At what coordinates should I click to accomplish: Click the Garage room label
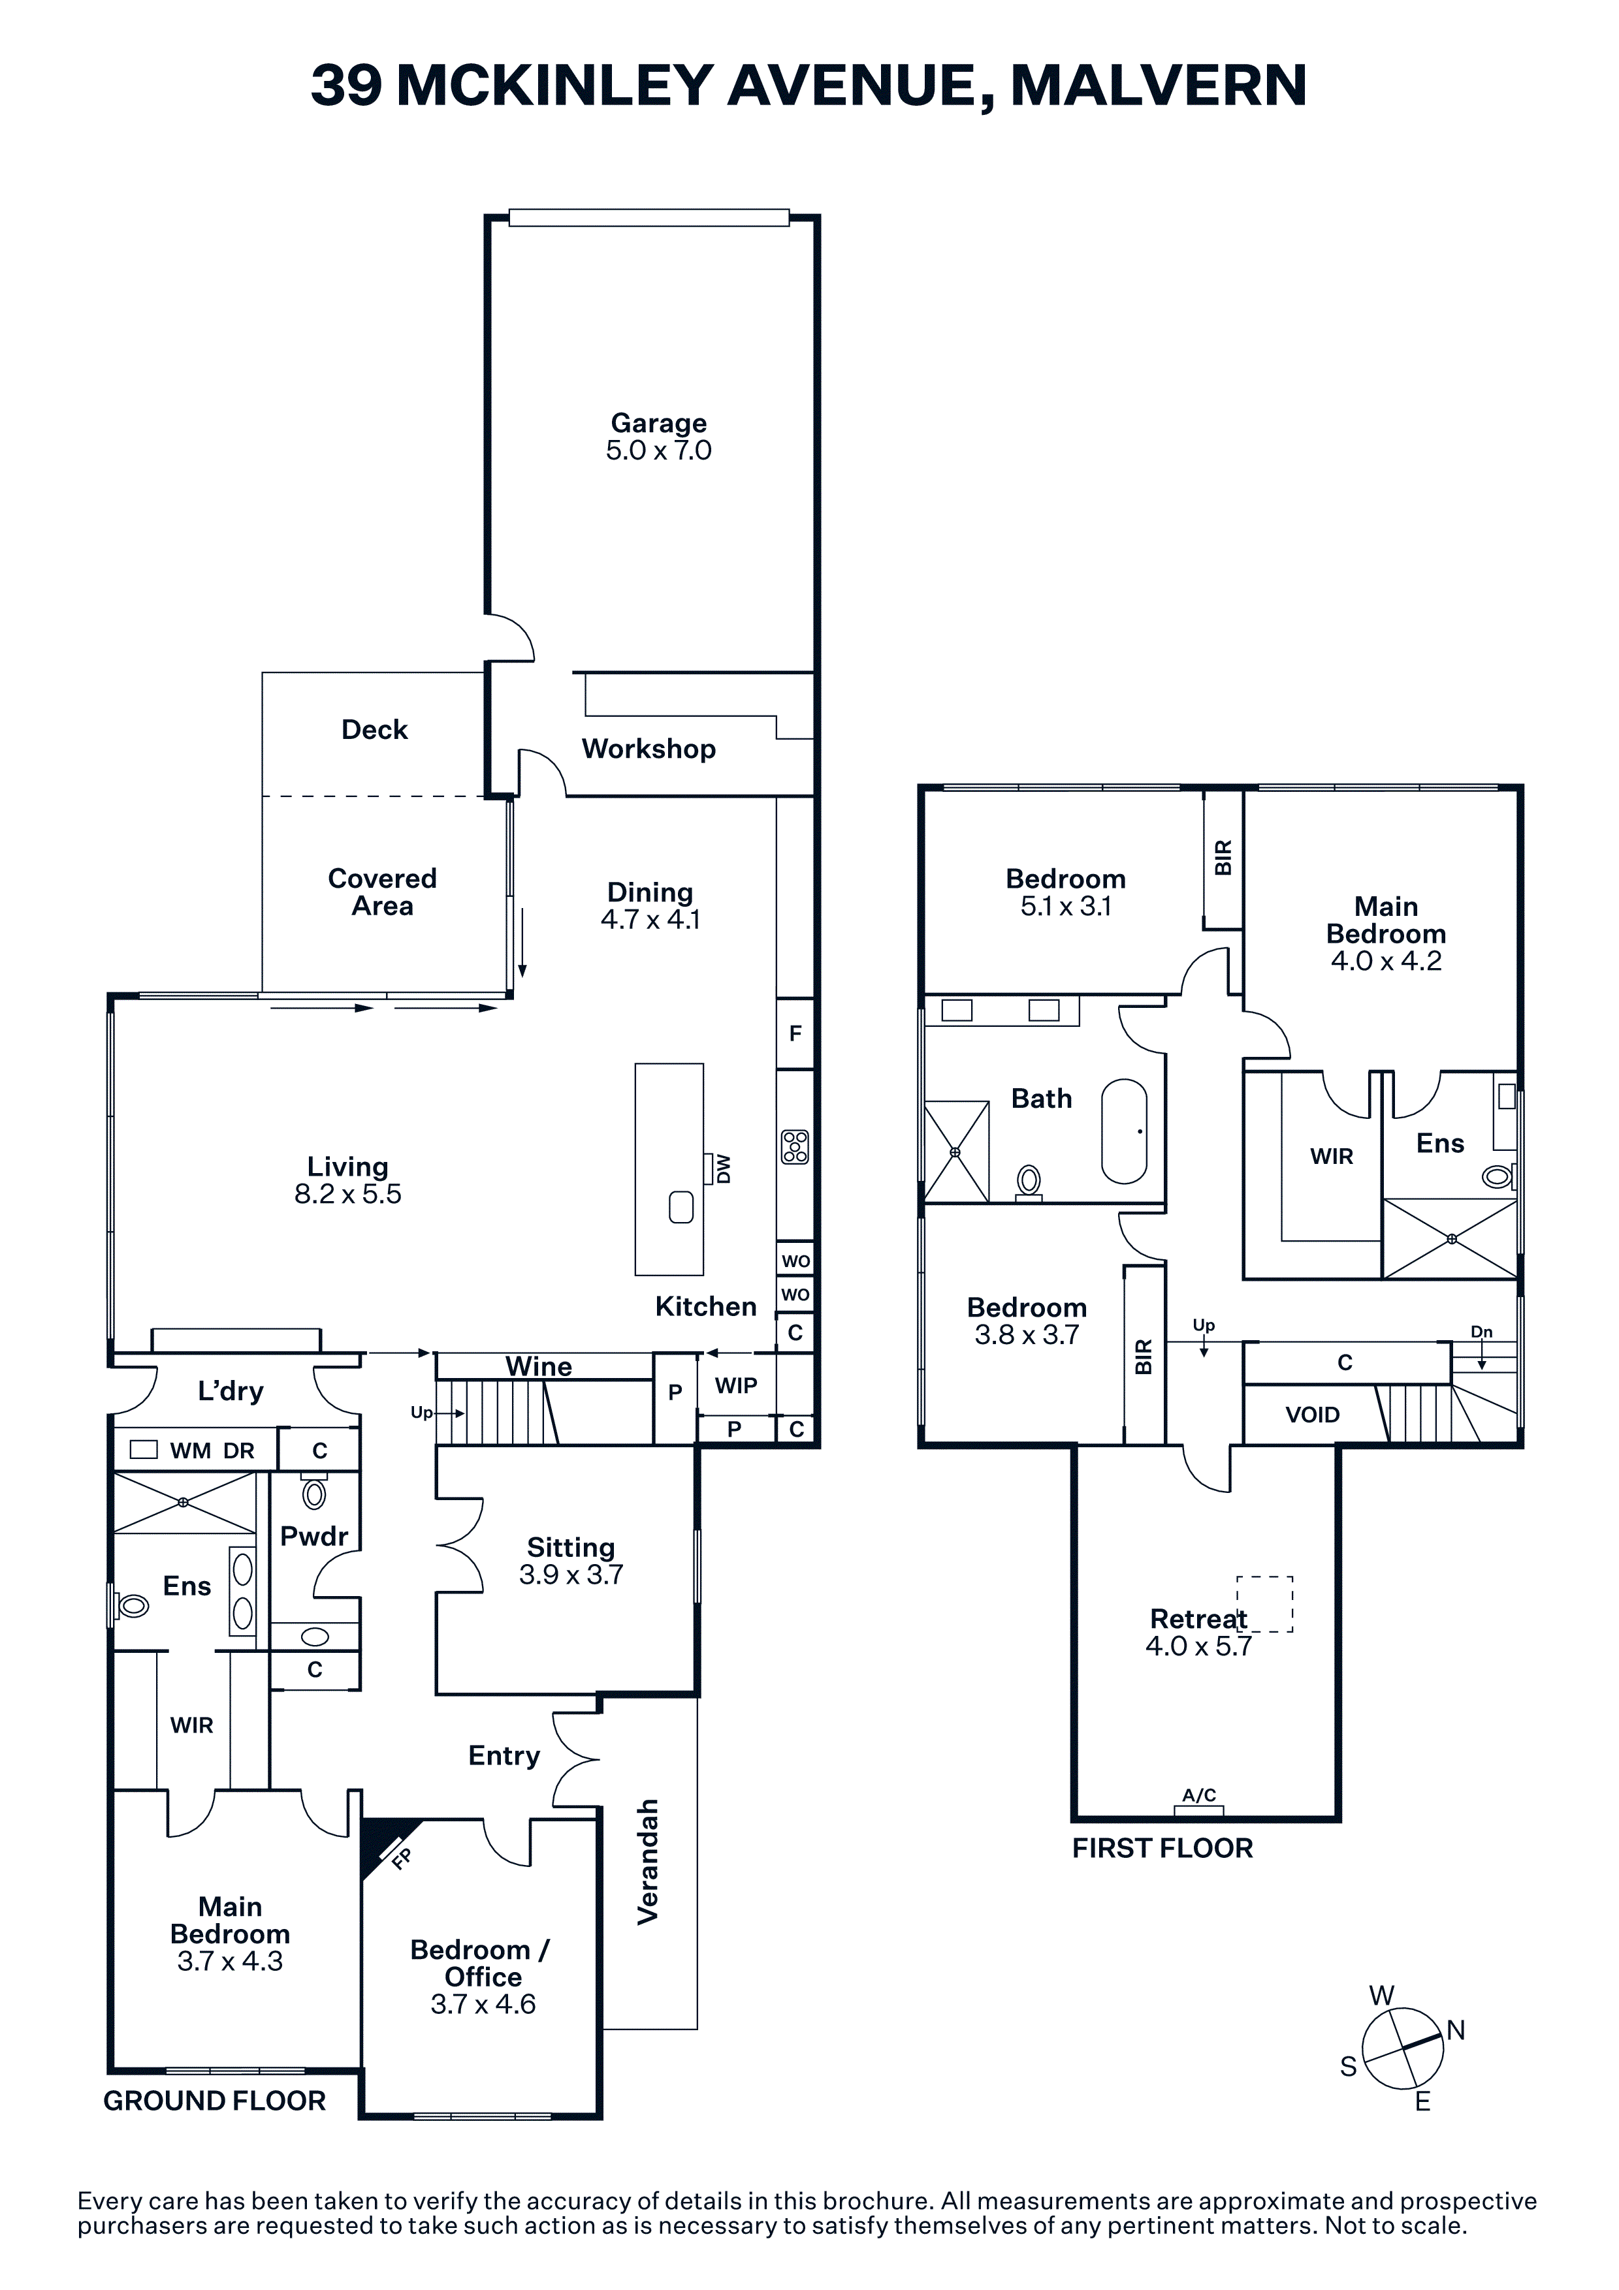[658, 423]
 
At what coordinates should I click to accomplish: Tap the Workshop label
[649, 749]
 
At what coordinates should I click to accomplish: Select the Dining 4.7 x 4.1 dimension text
[650, 920]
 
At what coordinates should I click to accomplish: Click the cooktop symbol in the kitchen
[795, 1147]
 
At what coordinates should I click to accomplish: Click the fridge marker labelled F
[795, 1033]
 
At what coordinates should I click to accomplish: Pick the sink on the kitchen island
[681, 1207]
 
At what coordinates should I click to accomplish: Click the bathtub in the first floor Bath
[1124, 1131]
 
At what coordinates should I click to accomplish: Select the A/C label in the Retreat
[1199, 1795]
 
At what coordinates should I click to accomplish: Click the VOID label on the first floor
[1312, 1415]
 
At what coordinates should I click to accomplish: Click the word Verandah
[649, 1861]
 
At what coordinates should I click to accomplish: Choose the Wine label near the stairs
[539, 1366]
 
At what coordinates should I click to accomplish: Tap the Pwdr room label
[314, 1536]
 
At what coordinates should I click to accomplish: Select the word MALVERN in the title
[1158, 85]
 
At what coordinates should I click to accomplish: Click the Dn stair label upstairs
[1481, 1332]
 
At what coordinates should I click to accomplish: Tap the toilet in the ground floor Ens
[132, 1606]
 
